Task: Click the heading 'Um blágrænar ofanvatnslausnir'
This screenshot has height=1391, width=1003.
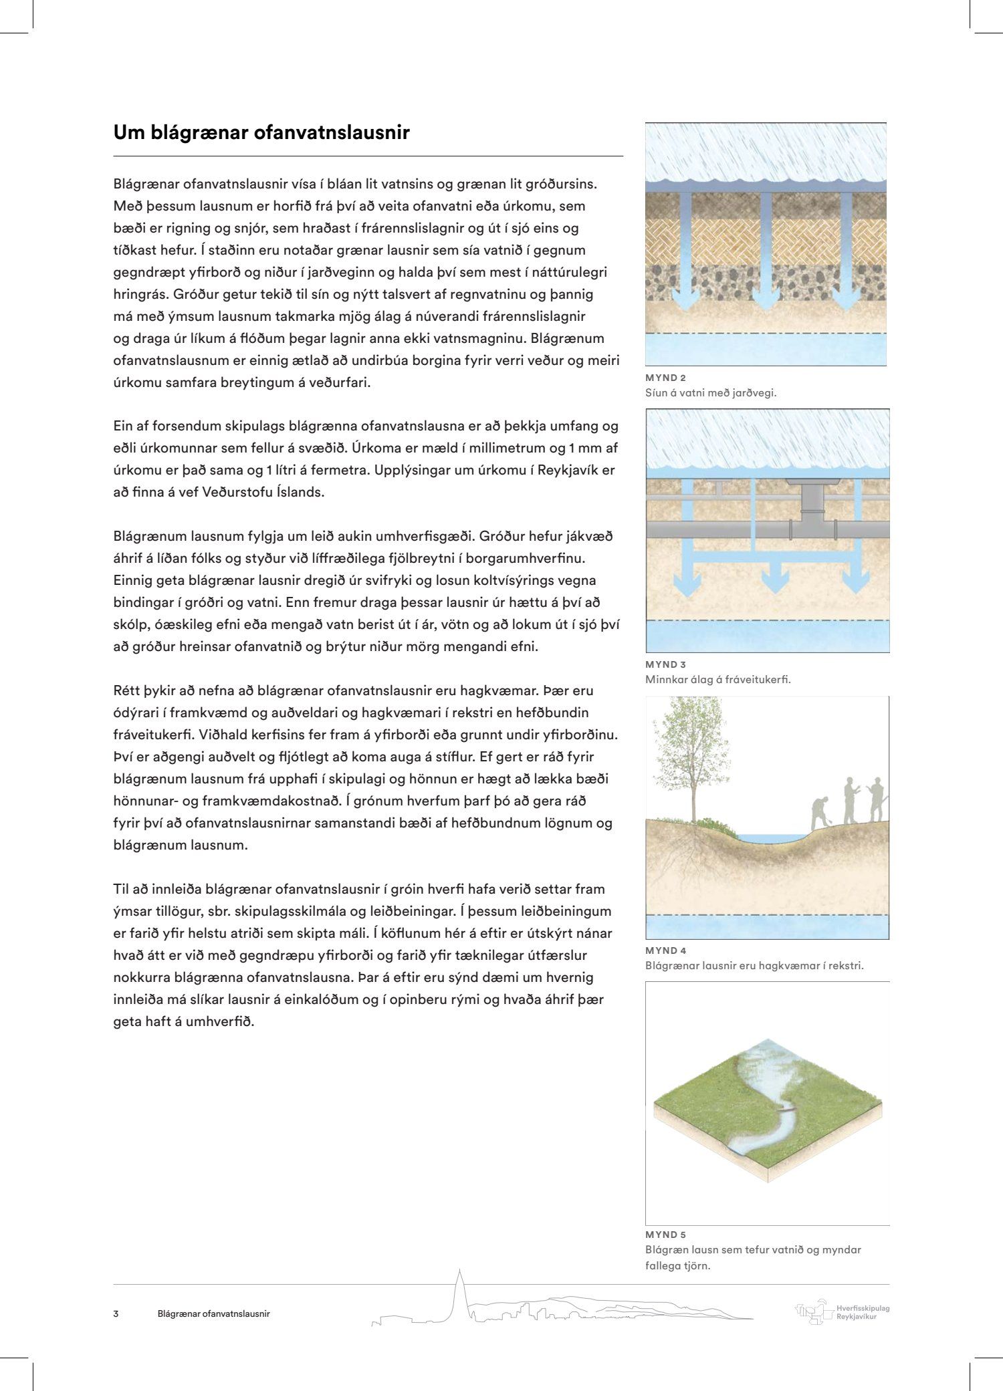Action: click(261, 133)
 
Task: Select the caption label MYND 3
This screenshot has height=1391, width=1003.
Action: click(665, 664)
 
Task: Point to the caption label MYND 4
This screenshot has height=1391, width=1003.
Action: click(665, 951)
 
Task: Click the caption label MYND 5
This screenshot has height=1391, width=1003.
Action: click(665, 1235)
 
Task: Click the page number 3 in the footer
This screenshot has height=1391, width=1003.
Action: click(116, 1313)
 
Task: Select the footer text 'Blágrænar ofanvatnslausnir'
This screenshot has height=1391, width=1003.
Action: click(213, 1313)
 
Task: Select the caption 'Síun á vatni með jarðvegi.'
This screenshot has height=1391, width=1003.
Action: click(711, 393)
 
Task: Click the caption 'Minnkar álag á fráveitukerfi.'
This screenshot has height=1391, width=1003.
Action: click(717, 680)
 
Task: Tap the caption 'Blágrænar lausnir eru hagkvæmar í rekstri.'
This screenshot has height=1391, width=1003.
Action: click(754, 966)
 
